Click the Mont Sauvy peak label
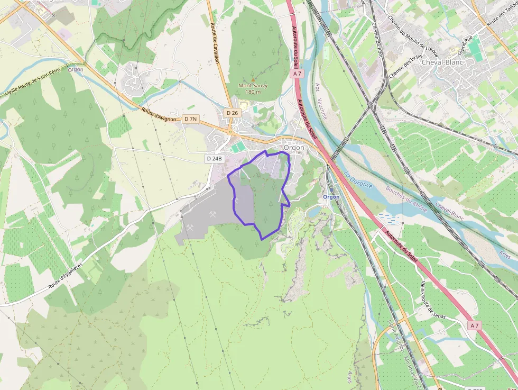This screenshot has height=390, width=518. click(253, 85)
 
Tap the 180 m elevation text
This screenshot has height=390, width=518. click(253, 92)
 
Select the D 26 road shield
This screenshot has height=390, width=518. click(232, 113)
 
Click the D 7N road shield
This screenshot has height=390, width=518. click(190, 119)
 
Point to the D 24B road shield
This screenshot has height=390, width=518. click(215, 158)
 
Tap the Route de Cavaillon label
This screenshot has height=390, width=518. click(215, 47)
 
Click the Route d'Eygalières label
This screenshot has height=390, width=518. click(66, 276)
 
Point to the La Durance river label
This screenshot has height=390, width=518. click(358, 179)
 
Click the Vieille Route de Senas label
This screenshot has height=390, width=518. click(432, 300)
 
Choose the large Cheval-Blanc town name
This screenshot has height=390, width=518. click(442, 62)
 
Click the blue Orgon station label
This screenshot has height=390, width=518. click(331, 197)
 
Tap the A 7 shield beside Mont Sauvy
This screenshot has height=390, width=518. click(298, 74)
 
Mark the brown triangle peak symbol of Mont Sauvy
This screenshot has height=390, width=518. click(253, 79)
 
